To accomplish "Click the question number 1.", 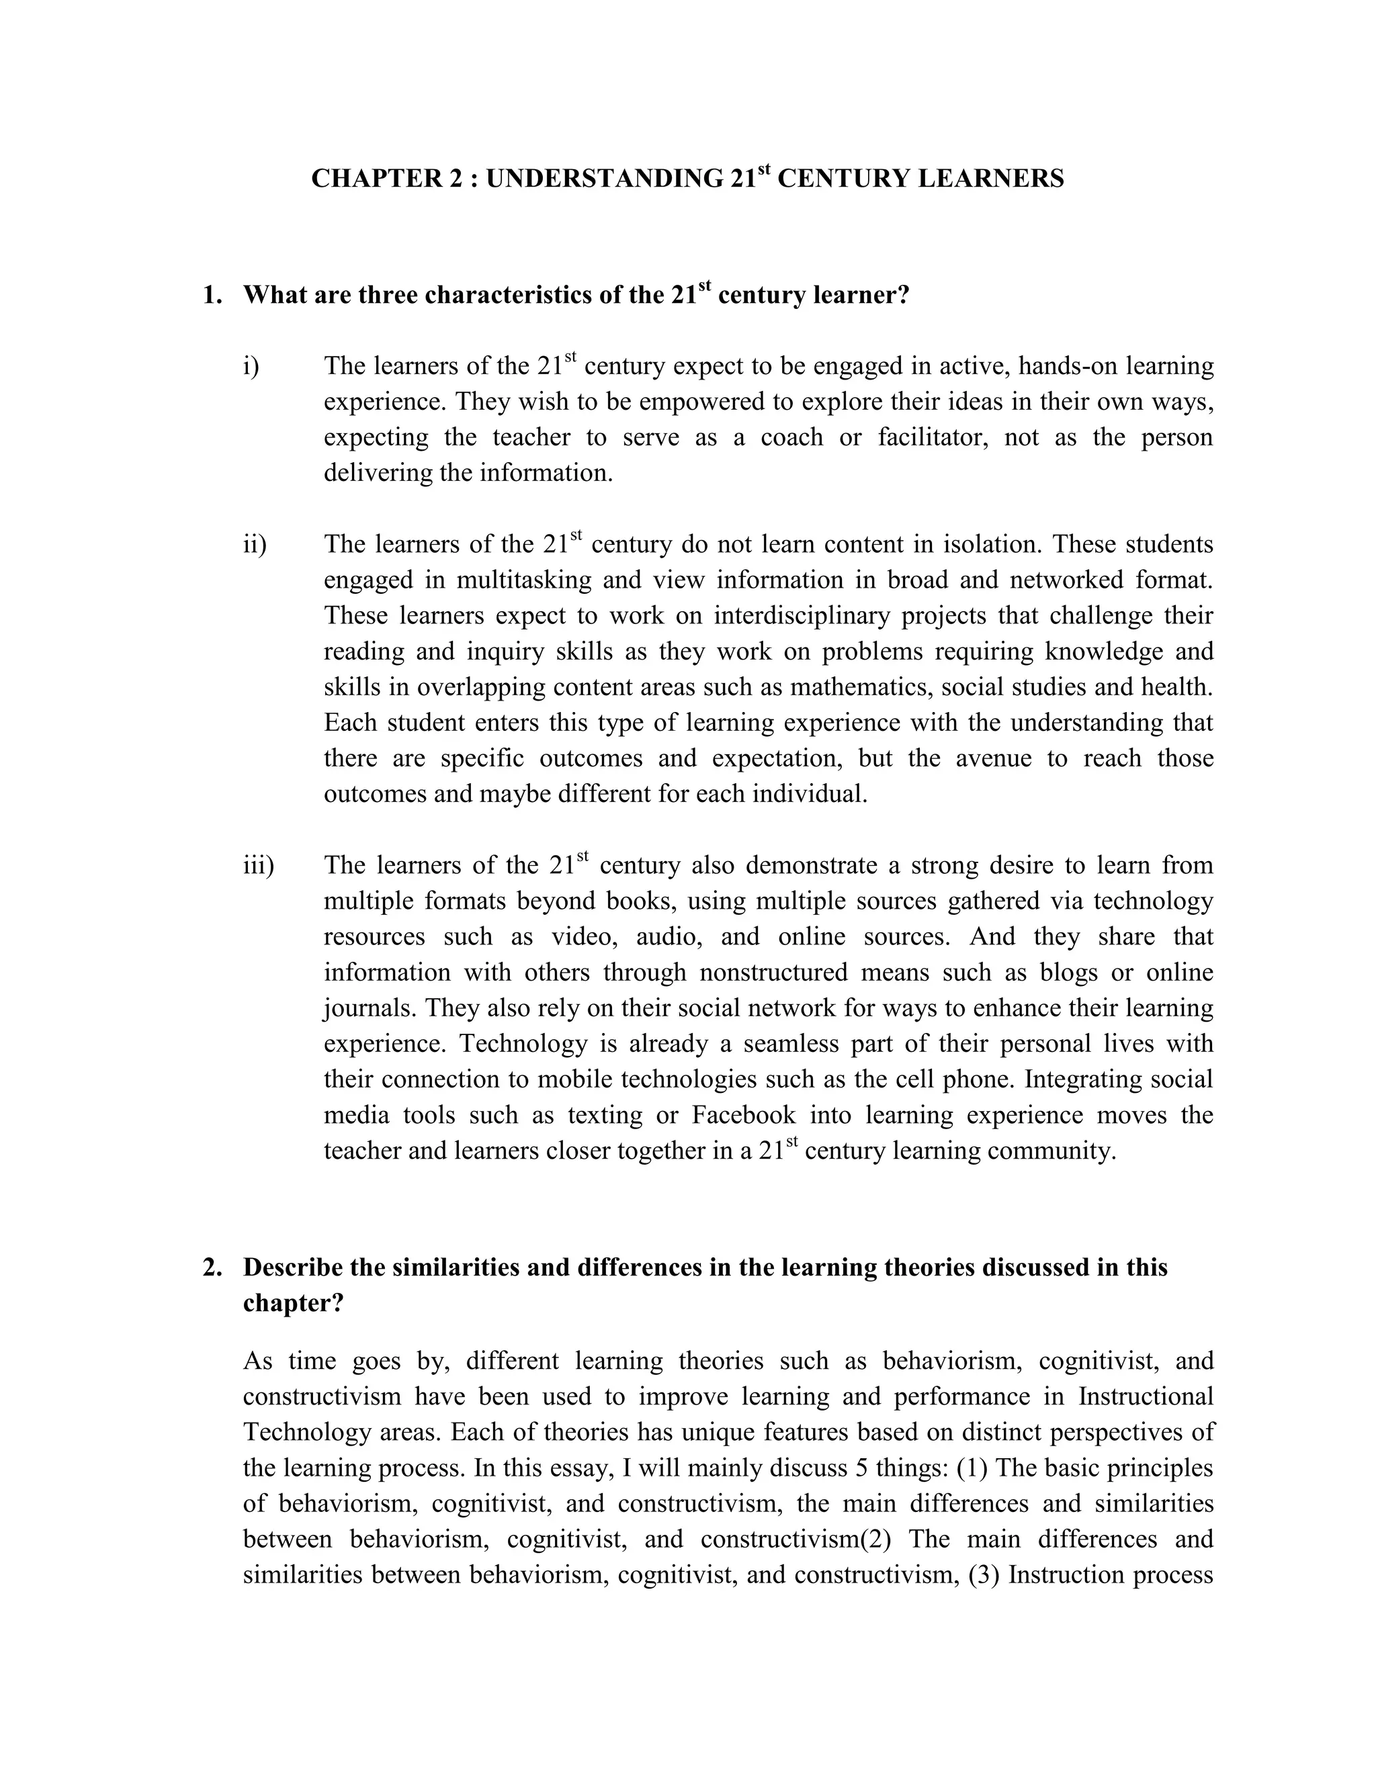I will (x=211, y=295).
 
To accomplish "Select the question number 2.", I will (x=211, y=1267).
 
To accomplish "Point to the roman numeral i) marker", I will (x=251, y=367).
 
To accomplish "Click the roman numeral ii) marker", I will (x=255, y=545).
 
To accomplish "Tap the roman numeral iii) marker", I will (x=259, y=866).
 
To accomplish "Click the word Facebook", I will (x=744, y=1115).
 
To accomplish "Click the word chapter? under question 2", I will (x=294, y=1303).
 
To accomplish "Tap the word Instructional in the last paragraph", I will (x=1146, y=1396).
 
